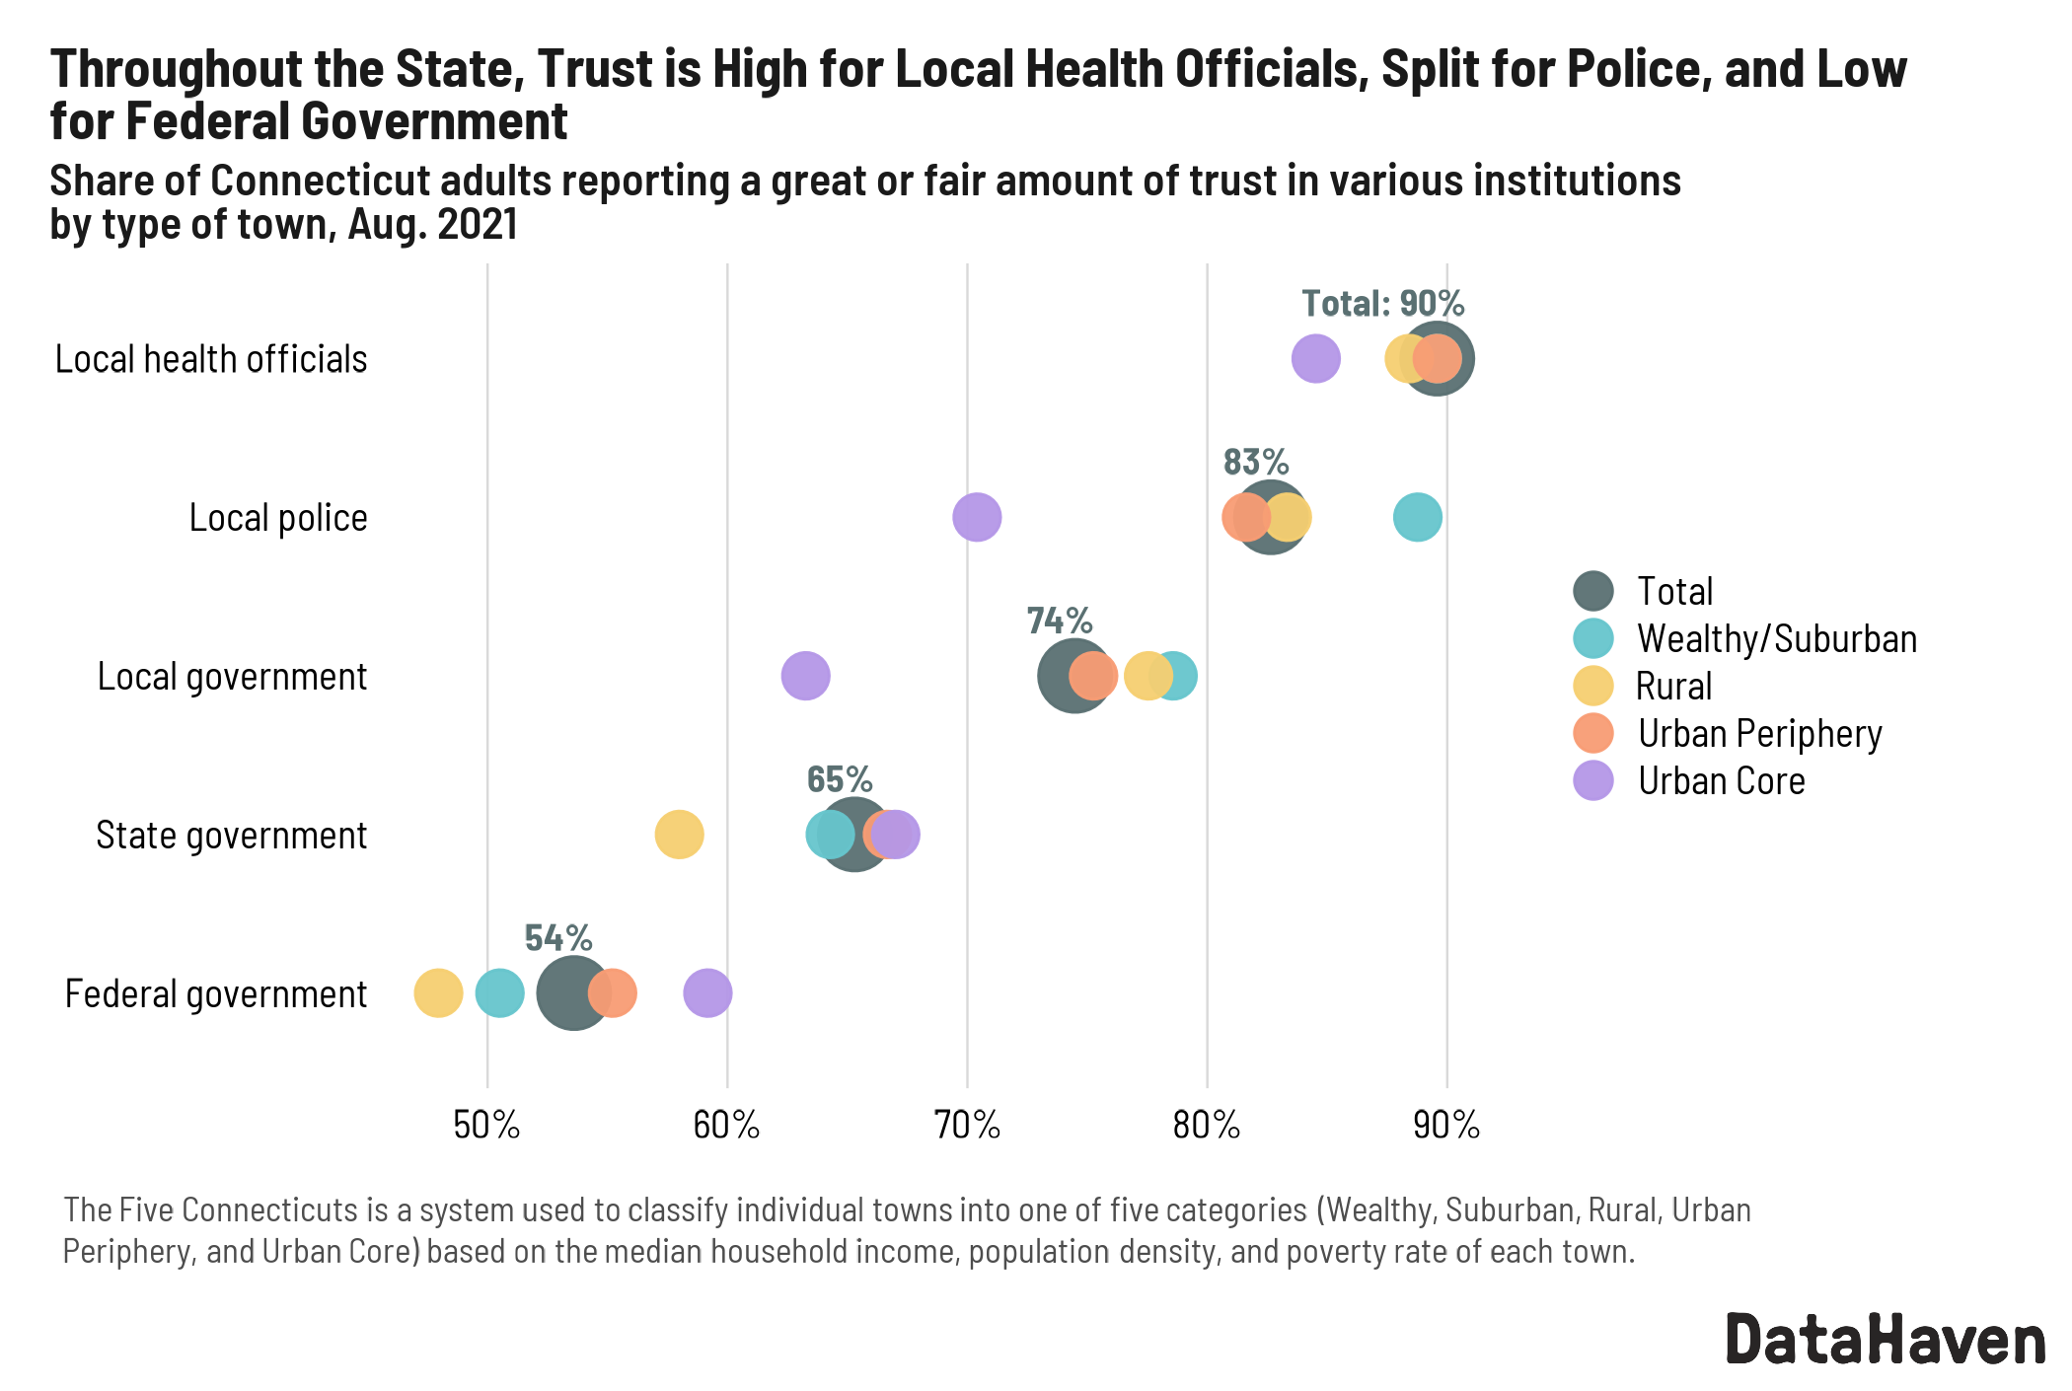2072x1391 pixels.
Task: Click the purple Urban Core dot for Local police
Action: [x=977, y=517]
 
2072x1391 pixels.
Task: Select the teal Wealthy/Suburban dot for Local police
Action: [x=1418, y=517]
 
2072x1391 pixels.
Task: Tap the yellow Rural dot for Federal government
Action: [x=438, y=992]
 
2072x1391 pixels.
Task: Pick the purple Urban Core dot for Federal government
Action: [x=707, y=992]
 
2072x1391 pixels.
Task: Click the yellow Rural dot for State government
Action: [x=679, y=835]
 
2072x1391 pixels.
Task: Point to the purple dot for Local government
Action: [x=805, y=676]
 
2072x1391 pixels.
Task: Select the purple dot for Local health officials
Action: [x=1315, y=358]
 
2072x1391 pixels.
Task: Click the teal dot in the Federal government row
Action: [x=499, y=992]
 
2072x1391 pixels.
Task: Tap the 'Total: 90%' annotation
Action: [x=1382, y=304]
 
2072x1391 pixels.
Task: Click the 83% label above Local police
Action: [x=1255, y=462]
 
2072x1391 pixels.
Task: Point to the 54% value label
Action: [x=557, y=938]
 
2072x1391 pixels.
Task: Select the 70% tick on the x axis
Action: [x=967, y=1126]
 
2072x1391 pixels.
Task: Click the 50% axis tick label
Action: [x=486, y=1126]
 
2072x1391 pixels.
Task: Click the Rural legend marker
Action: [x=1592, y=686]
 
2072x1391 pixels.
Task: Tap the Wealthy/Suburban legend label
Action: [x=1776, y=639]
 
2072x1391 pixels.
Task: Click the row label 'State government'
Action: [x=231, y=836]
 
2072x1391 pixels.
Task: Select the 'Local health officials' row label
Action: [x=211, y=359]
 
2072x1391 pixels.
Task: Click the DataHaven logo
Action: [x=1885, y=1340]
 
